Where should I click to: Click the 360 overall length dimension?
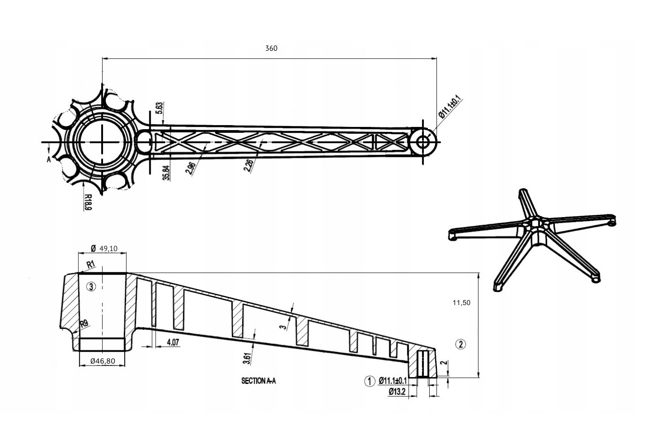point(271,49)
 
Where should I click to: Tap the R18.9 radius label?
point(88,202)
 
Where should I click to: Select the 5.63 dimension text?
point(159,108)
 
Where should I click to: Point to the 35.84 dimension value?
point(166,173)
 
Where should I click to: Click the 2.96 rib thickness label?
point(191,168)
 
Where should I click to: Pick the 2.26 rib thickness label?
point(249,165)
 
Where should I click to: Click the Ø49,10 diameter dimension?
point(104,249)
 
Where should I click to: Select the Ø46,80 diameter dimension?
point(103,361)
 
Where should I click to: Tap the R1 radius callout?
point(91,265)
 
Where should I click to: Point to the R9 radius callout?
point(84,324)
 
